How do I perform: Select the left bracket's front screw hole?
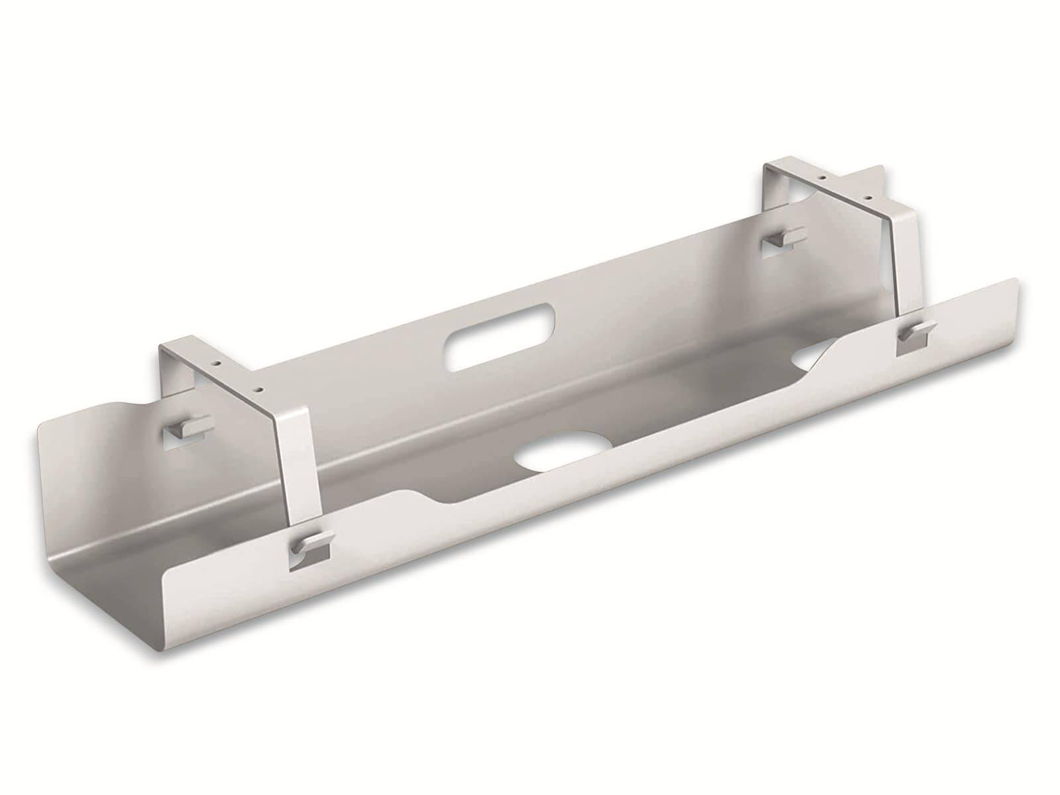pos(260,389)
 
